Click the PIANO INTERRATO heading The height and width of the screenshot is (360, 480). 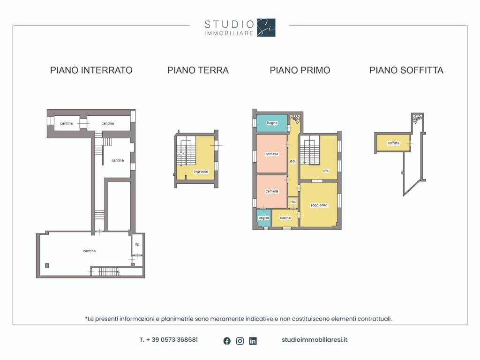coord(91,70)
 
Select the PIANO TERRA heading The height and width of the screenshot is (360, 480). coord(198,70)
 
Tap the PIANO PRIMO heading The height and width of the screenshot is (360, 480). coord(300,70)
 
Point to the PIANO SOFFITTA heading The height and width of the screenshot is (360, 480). coord(406,70)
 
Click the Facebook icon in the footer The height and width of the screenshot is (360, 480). coord(227,341)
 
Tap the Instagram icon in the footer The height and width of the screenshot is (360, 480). coord(240,341)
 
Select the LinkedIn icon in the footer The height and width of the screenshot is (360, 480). coord(253,341)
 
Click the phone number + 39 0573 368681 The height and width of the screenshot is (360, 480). coord(169,340)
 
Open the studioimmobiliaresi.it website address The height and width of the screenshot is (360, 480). coord(315,340)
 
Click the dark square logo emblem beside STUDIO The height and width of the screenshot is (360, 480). coord(266,28)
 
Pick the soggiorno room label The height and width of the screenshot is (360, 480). coord(319,205)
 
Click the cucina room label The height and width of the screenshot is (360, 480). coord(285,218)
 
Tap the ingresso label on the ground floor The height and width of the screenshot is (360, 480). coord(201,172)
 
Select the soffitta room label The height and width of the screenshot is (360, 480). coord(393,143)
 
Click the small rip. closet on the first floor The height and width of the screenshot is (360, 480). coord(293,202)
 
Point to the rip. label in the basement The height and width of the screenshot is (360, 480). coord(137,244)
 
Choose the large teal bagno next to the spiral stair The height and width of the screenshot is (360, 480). coord(272,123)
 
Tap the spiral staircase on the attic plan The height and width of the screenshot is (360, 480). coord(417,119)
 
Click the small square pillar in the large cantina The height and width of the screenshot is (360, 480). coord(47,265)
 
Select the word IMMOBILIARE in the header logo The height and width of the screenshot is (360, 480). coord(229,33)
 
